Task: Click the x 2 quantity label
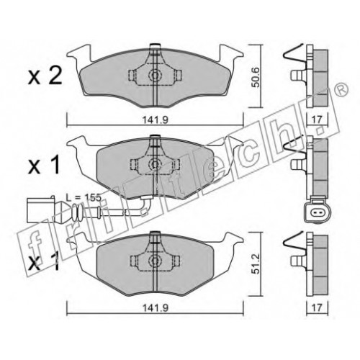point(45,76)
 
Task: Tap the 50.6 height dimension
point(256,77)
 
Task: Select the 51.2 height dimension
point(256,264)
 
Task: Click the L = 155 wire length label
point(84,198)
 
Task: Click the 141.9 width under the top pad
point(156,120)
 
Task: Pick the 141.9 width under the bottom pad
point(156,308)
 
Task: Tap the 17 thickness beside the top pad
point(317,120)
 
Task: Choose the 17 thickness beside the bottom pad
point(317,307)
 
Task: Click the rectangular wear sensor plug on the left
point(41,210)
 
